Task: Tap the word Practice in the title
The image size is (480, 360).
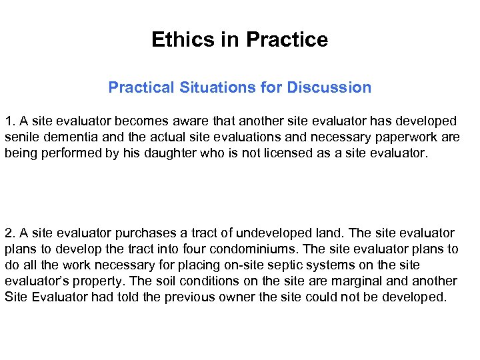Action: (287, 40)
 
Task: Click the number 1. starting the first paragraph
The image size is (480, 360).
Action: (10, 121)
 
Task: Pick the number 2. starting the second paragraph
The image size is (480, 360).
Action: (10, 233)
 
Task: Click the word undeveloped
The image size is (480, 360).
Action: (267, 233)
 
